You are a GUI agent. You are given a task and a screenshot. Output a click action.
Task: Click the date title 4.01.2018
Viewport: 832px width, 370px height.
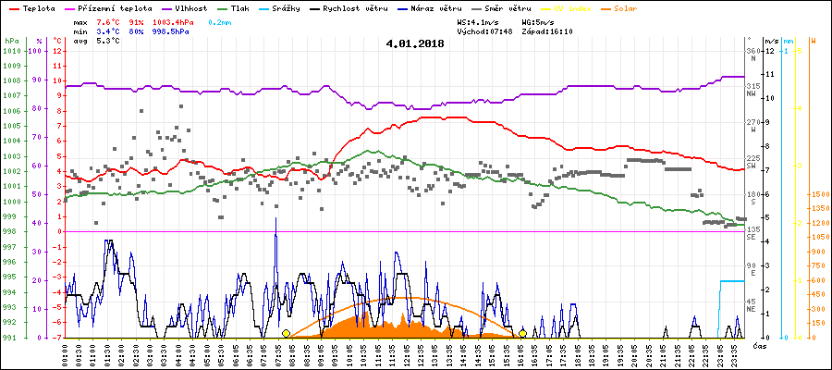(x=416, y=43)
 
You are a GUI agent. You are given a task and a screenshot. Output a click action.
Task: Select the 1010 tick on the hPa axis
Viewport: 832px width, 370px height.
(x=11, y=51)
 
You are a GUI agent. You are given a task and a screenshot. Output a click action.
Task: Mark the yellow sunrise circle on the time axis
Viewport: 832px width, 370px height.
(x=286, y=333)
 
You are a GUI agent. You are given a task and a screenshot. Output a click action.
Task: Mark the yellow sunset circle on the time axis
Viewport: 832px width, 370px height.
(x=523, y=333)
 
